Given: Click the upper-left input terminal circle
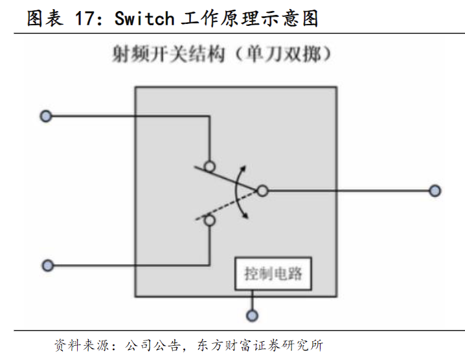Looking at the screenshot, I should coord(45,117).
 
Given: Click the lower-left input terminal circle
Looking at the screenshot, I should coord(47,265).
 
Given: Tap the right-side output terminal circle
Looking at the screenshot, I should coord(435,191).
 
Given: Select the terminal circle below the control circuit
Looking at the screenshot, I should coord(253,316).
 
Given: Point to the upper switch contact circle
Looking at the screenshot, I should coord(210,165).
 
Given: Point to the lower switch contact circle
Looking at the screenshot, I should coord(210,221).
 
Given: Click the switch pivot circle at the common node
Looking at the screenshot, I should coord(262,191).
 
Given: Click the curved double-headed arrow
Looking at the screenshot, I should coord(240,192).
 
